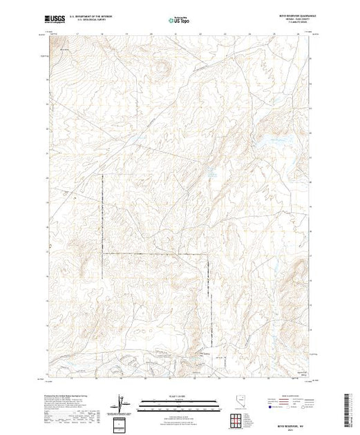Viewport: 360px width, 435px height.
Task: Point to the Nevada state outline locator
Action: point(238,403)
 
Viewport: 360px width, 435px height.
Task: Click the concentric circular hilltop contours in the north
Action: point(161,68)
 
